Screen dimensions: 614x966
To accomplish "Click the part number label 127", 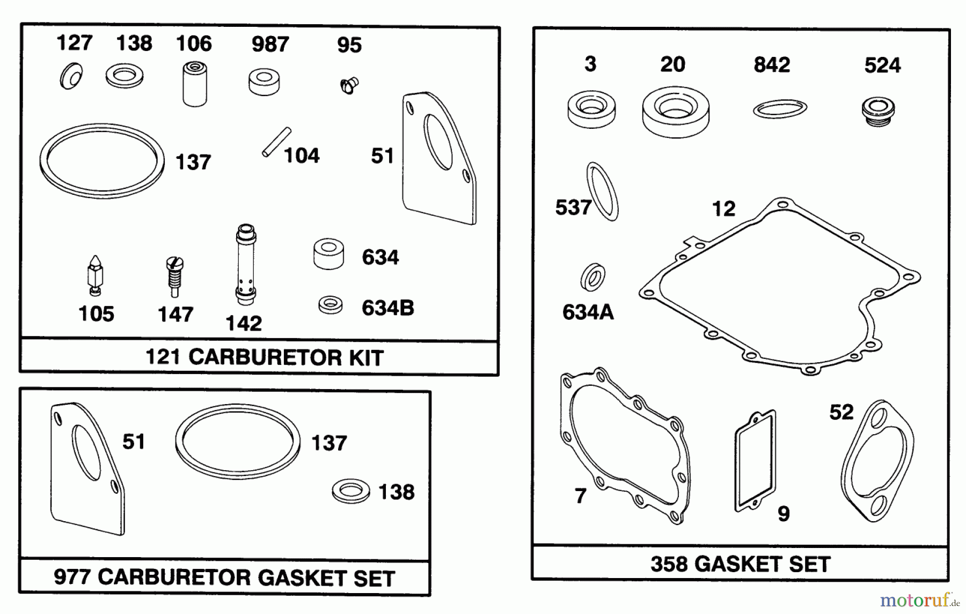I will tap(74, 42).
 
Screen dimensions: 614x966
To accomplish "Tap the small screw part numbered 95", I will tap(349, 85).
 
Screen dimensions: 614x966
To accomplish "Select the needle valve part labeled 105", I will tap(96, 275).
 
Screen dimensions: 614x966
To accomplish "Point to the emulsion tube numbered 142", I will tap(246, 265).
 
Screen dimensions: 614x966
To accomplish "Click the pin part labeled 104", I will tap(276, 142).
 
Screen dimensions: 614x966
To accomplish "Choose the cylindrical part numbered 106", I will tap(194, 84).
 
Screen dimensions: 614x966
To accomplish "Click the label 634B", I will tap(387, 308).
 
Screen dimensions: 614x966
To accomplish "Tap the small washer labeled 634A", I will tap(592, 277).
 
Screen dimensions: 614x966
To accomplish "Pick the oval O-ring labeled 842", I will tap(780, 109).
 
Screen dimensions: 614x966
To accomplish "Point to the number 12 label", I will tap(723, 209).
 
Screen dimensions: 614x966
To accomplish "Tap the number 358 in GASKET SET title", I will tap(669, 564).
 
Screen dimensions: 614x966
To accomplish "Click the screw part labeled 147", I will tap(174, 276).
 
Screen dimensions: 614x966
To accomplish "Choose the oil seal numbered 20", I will tap(676, 113).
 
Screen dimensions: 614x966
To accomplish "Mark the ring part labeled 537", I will tap(603, 191).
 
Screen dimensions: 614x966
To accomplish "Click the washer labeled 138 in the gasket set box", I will tap(350, 491).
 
